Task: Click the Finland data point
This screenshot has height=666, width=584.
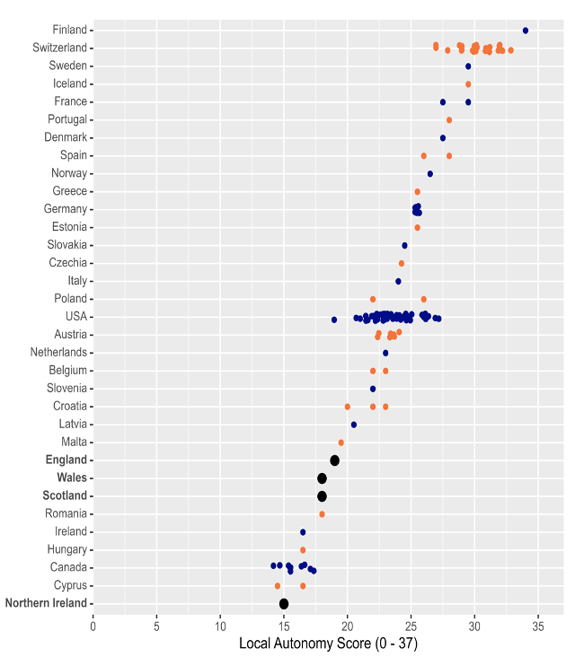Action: [526, 31]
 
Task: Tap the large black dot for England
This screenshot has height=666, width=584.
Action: [335, 460]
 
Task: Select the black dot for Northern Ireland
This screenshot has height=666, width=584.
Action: [284, 604]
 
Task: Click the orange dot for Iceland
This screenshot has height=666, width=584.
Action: [468, 84]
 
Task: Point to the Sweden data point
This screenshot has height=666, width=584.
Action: [468, 66]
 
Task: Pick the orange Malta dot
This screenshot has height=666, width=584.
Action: [341, 443]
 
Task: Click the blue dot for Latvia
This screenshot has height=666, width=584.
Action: [354, 425]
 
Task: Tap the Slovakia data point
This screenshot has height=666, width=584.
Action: [404, 245]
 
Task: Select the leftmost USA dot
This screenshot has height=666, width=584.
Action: [334, 320]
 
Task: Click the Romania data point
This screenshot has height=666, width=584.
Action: [322, 514]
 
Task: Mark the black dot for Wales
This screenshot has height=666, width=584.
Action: [322, 478]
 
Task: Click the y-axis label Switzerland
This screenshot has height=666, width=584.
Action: [59, 48]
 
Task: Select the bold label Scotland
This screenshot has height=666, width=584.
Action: [65, 495]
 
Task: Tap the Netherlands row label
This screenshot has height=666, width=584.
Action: [58, 352]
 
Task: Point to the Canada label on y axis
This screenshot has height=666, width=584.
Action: [69, 567]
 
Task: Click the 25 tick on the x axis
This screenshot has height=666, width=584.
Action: [411, 626]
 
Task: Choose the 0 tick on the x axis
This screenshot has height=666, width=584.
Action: [93, 626]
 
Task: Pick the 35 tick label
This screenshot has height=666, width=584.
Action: [538, 626]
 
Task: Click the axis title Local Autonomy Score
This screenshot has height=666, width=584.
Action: [328, 644]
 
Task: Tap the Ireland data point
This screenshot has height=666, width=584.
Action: [303, 532]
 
